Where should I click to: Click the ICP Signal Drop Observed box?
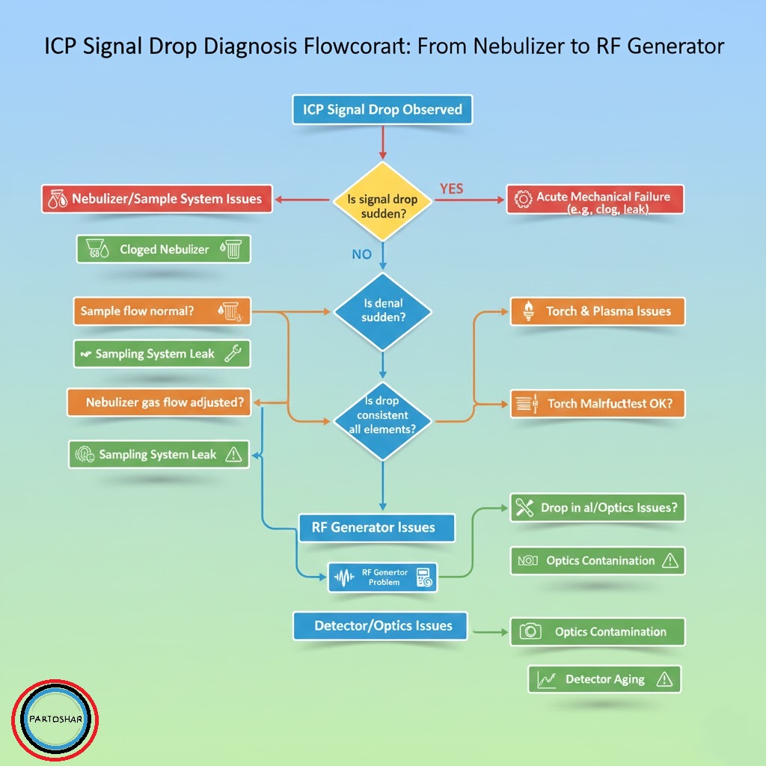pos(382,110)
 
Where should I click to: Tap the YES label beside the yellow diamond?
pos(451,189)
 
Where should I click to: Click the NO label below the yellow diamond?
pos(361,254)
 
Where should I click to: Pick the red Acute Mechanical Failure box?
pos(595,200)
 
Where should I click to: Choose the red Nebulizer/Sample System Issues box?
pos(156,199)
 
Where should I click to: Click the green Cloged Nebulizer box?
pos(164,249)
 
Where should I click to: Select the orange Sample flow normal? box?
pos(162,311)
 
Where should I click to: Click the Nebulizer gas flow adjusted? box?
pos(159,402)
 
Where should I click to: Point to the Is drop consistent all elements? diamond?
pos(383,417)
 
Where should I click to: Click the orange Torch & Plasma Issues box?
pos(598,311)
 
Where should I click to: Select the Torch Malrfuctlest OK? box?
pos(598,403)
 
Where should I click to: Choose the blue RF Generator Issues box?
pos(376,527)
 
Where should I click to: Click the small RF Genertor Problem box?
pos(383,577)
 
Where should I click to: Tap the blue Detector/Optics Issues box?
pos(379,625)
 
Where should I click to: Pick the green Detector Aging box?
pos(604,679)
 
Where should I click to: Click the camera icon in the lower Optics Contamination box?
pos(530,631)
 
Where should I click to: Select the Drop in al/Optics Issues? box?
pos(598,508)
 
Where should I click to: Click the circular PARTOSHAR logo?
pos(55,720)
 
